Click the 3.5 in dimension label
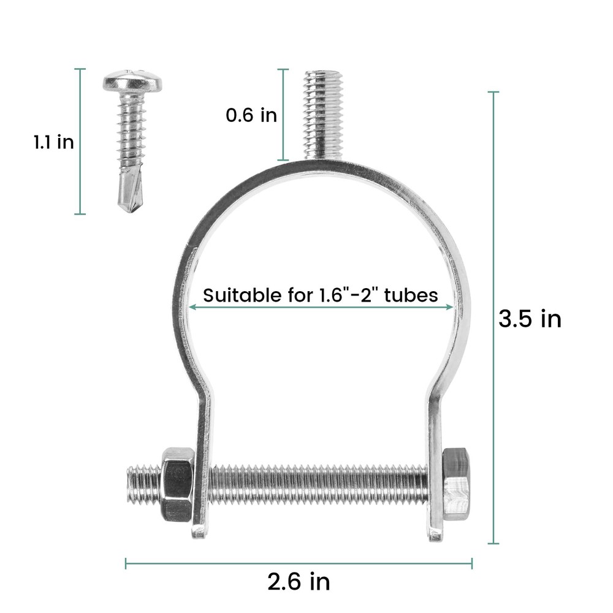click(x=530, y=319)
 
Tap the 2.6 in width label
click(x=299, y=581)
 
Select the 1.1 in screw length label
click(x=54, y=142)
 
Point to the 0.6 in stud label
click(x=251, y=115)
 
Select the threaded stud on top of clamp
click(x=323, y=113)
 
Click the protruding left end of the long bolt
click(x=141, y=483)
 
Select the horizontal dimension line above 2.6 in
click(x=299, y=563)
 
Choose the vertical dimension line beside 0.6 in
click(x=283, y=115)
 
